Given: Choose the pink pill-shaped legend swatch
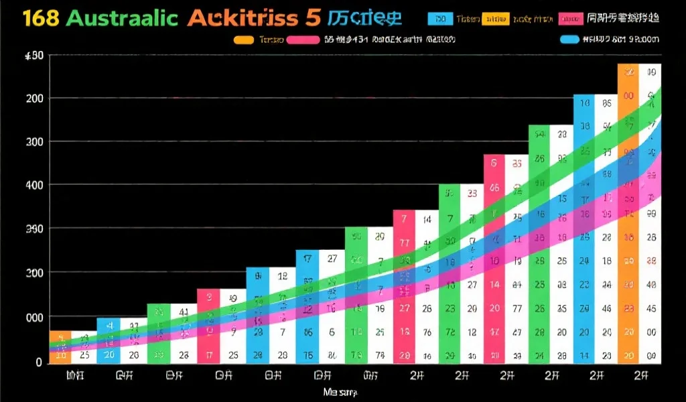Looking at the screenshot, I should click(x=303, y=40).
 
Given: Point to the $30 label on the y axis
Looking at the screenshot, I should click(x=33, y=56).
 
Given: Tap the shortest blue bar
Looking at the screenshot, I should click(x=108, y=340).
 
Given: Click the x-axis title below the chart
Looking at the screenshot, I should click(x=340, y=391).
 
